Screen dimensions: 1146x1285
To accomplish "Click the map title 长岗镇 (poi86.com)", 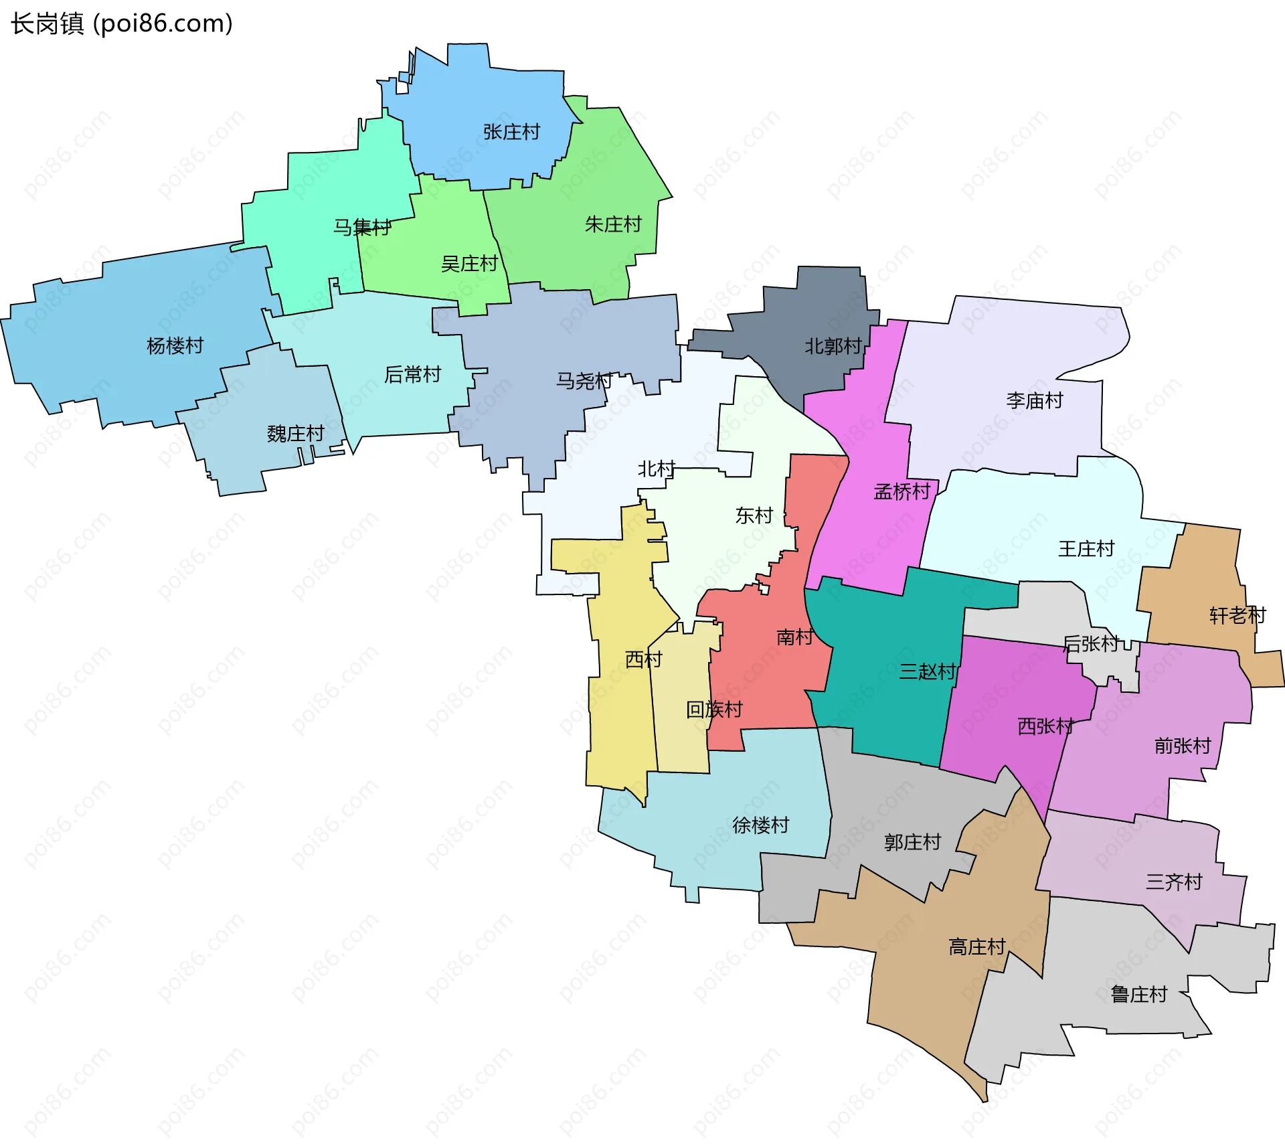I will [x=122, y=23].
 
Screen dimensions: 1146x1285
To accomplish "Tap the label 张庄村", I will [x=511, y=132].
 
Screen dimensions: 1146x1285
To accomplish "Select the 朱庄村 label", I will [x=613, y=224].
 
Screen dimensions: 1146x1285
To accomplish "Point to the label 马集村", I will [x=362, y=228].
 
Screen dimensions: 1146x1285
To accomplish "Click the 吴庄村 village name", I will [x=469, y=264].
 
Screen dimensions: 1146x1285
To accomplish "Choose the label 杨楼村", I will [x=175, y=345].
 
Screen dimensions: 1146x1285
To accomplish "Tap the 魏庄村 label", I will [x=295, y=434].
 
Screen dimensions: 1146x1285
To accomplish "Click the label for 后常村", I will [x=412, y=374].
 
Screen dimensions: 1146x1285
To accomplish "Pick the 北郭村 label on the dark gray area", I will [x=833, y=346].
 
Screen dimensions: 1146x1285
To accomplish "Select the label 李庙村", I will [x=1035, y=400].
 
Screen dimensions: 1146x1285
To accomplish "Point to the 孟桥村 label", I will [x=902, y=492].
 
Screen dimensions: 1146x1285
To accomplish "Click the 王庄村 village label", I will [x=1086, y=549].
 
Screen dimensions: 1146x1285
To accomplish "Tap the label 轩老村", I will [x=1237, y=615].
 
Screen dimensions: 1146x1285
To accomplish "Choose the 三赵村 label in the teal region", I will [x=927, y=671].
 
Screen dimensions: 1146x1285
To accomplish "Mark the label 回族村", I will [x=714, y=710].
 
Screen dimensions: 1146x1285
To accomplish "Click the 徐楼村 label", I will [x=760, y=825].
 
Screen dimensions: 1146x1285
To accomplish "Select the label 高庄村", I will [x=977, y=947].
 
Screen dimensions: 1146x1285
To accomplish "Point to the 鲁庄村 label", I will [x=1138, y=994].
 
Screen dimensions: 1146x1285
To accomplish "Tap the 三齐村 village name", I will [x=1174, y=882].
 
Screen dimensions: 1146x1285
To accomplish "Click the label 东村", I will [x=754, y=515].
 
